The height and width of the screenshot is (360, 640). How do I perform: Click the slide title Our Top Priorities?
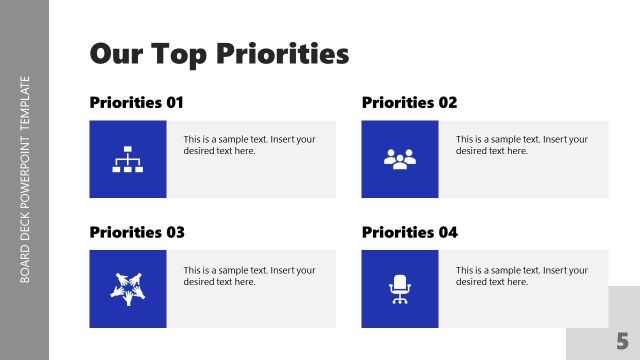(x=219, y=53)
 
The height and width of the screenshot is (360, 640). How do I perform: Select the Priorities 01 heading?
(x=137, y=102)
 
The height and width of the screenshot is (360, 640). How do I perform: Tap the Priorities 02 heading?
(x=409, y=102)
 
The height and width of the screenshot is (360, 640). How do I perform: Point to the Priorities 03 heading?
(x=137, y=232)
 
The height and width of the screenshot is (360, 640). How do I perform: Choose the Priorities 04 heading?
(x=409, y=232)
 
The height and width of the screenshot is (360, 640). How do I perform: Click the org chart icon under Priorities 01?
(x=127, y=159)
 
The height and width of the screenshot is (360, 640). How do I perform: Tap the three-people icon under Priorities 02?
(x=399, y=159)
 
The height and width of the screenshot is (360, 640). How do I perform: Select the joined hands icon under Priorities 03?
(x=127, y=288)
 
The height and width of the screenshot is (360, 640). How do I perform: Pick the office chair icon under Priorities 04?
(x=399, y=288)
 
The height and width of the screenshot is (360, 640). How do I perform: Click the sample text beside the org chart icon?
(x=249, y=145)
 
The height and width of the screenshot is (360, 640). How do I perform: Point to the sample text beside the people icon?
(x=521, y=145)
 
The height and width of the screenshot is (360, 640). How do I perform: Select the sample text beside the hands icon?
(x=249, y=275)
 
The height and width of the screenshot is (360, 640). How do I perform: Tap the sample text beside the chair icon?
(x=521, y=275)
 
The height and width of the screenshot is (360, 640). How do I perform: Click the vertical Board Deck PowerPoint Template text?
(x=25, y=180)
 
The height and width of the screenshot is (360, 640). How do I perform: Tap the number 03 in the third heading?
(x=175, y=232)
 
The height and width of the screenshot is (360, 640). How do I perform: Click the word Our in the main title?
(x=113, y=53)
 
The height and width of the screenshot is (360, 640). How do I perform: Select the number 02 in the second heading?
(x=447, y=102)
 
